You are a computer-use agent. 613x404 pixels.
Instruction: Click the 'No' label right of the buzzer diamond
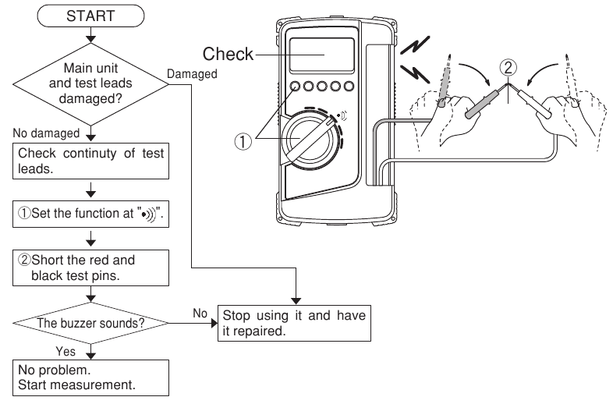200,311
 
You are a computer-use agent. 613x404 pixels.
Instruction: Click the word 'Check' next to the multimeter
229,54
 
